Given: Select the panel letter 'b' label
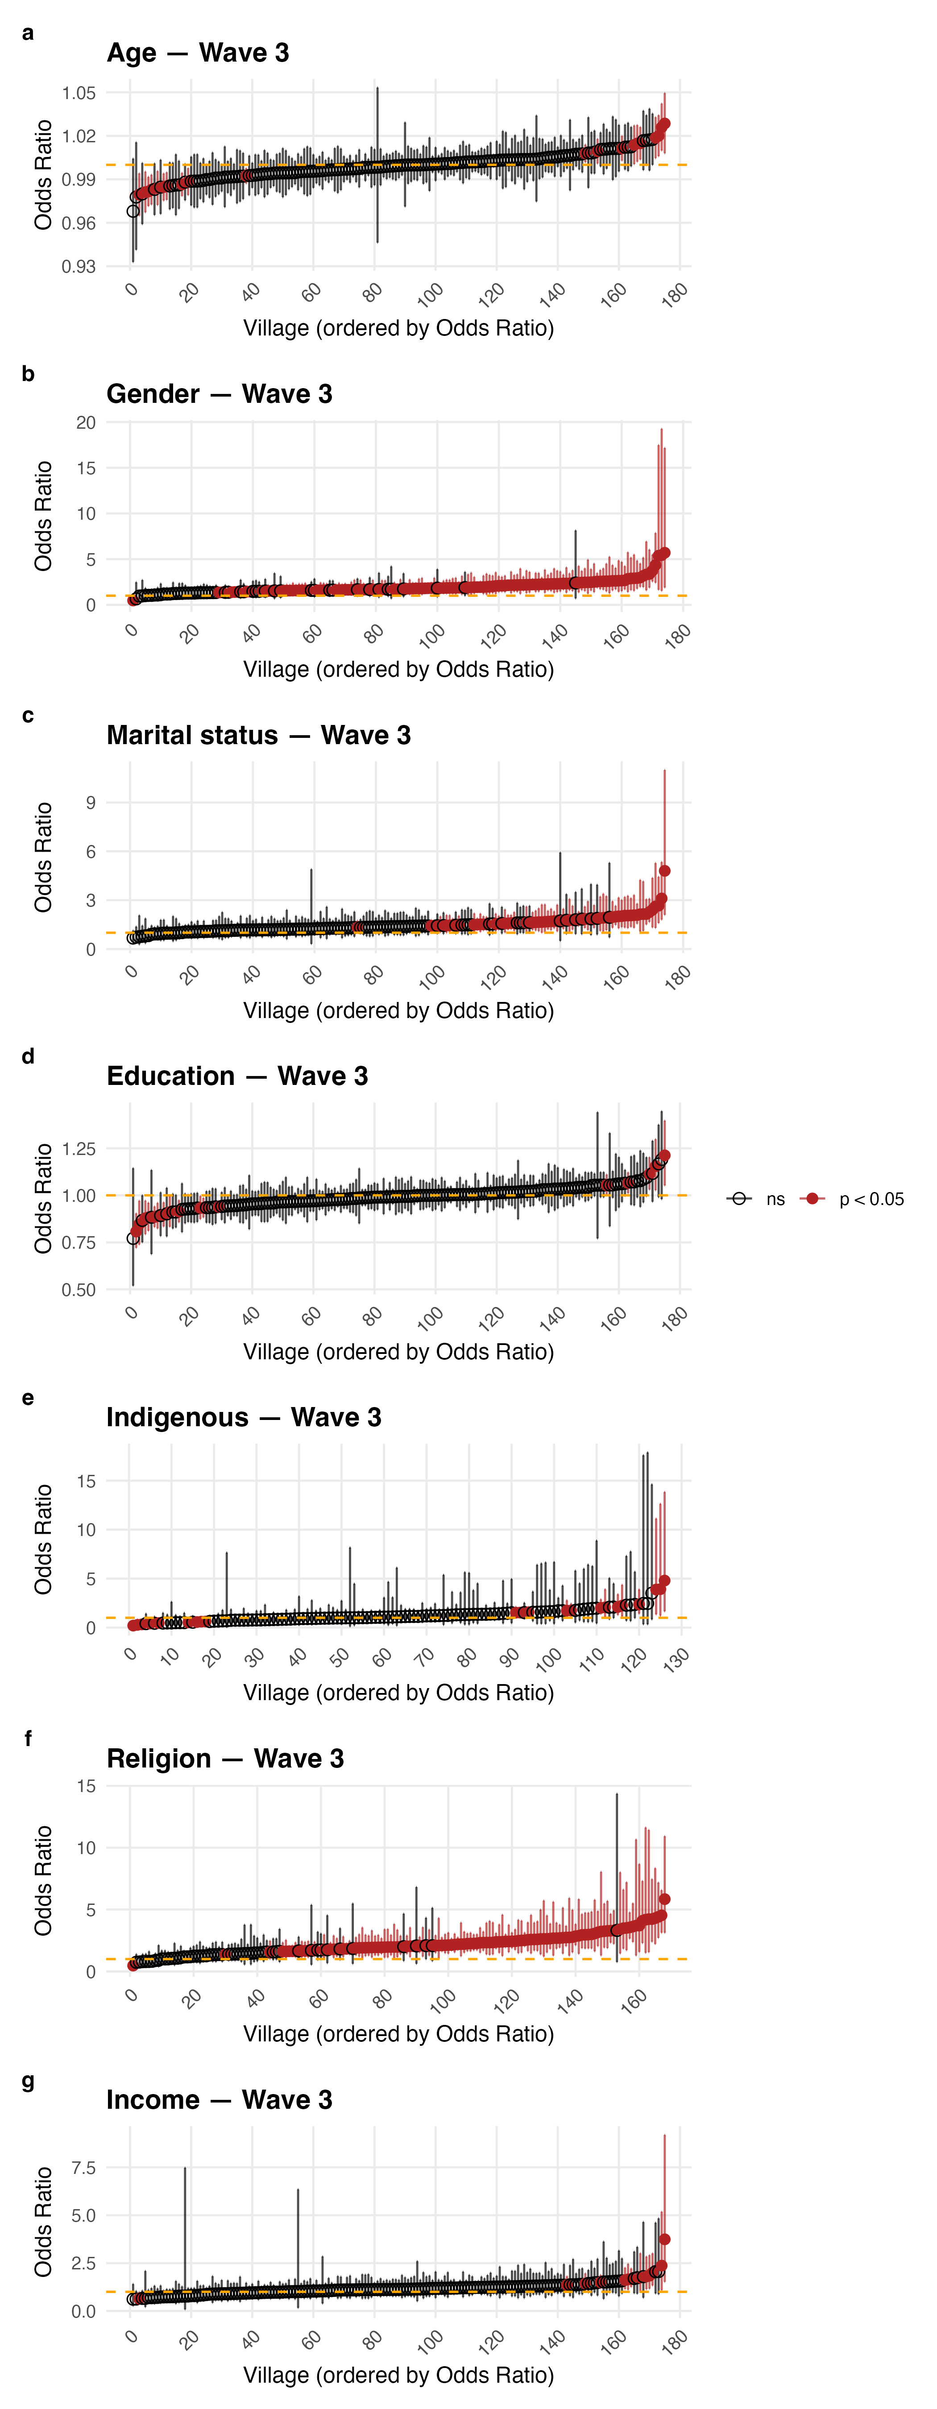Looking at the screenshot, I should click(x=28, y=374).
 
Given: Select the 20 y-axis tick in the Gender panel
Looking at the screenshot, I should click(x=86, y=423).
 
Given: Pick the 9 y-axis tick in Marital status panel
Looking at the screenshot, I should click(x=91, y=803).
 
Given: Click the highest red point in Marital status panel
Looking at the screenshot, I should click(x=665, y=871).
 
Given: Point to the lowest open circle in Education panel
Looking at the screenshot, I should click(x=133, y=1238).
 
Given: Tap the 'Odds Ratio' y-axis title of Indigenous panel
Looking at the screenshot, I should click(x=43, y=1539).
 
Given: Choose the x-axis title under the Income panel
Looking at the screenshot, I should click(x=398, y=2376).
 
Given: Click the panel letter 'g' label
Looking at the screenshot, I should click(x=28, y=2081).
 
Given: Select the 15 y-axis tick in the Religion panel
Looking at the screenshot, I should click(x=86, y=1786).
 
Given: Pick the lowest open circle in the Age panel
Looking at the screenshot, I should click(x=133, y=211).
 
